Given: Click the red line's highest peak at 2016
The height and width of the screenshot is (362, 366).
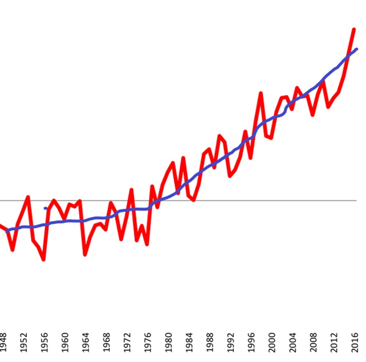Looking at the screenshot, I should (x=354, y=29).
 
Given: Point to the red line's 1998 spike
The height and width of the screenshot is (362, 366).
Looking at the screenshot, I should (x=261, y=93).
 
